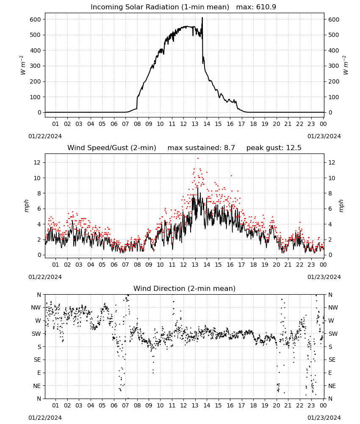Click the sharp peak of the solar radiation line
click(202, 18)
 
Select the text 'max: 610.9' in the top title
click(256, 7)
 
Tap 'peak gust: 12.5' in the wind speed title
click(274, 148)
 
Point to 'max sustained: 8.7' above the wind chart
click(201, 148)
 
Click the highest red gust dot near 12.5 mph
click(198, 159)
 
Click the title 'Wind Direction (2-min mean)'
click(185, 288)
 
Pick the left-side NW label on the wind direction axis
click(36, 308)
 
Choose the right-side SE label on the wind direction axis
click(332, 360)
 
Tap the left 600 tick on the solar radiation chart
click(36, 20)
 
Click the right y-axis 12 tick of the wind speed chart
click(332, 162)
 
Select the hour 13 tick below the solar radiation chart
click(195, 124)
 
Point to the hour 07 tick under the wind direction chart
click(125, 405)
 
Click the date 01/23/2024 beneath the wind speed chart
click(324, 277)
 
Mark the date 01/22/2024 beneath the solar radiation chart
click(45, 136)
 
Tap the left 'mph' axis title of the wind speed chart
click(26, 206)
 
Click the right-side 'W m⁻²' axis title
click(346, 65)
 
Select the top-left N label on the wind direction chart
click(39, 295)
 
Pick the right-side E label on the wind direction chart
click(330, 373)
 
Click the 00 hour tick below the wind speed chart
click(323, 265)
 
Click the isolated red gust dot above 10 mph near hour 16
click(231, 176)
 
